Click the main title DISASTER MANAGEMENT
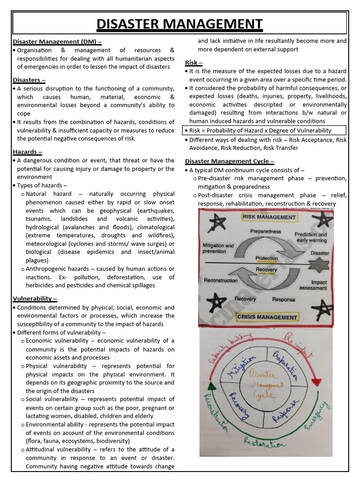click(x=180, y=23)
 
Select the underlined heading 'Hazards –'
click(x=27, y=152)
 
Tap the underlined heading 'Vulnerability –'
click(x=35, y=299)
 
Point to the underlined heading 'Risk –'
click(x=194, y=62)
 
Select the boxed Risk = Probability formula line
click(x=260, y=130)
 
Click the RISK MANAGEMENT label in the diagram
click(x=269, y=217)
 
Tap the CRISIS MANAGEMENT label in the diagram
click(x=267, y=317)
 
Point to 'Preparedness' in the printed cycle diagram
click(x=266, y=232)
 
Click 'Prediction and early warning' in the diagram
click(x=310, y=237)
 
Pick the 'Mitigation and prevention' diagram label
click(x=217, y=248)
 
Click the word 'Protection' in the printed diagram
click(x=266, y=258)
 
